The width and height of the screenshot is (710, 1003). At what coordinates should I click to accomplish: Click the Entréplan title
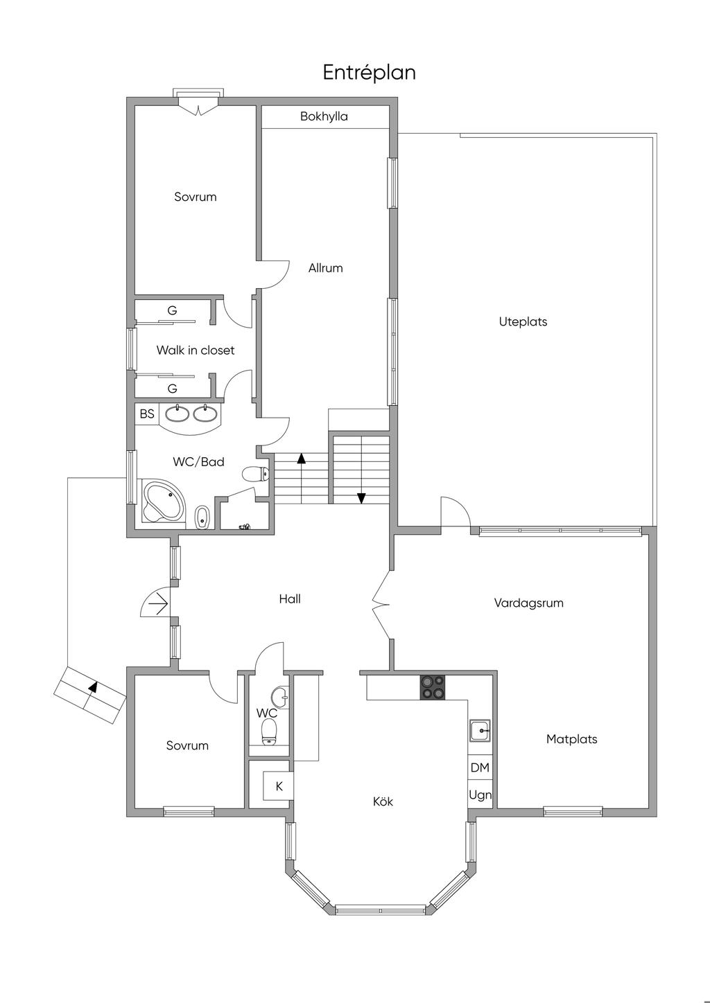(369, 73)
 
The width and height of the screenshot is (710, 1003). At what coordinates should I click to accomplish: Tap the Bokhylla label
(324, 116)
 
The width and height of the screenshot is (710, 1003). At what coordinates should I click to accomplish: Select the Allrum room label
(325, 268)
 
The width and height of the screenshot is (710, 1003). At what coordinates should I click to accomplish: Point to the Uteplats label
(523, 322)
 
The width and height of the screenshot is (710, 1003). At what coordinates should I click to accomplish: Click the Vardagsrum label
(528, 603)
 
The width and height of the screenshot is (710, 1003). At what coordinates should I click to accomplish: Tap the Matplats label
(571, 739)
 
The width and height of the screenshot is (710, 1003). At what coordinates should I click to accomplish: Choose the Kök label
(383, 801)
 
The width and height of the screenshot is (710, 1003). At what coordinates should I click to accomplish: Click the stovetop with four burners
(433, 687)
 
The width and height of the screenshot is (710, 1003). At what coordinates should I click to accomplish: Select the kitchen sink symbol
(480, 731)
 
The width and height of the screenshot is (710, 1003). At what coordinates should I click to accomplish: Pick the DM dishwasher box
(480, 767)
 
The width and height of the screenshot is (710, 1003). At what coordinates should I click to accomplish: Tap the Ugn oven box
(480, 795)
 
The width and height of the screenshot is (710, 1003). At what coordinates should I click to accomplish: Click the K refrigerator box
(278, 786)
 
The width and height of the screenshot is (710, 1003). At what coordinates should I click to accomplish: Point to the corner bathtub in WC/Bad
(163, 501)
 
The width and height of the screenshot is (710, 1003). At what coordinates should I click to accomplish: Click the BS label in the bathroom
(147, 414)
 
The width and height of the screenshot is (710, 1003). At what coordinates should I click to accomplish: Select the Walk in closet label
(196, 350)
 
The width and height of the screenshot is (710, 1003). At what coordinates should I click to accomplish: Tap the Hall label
(290, 599)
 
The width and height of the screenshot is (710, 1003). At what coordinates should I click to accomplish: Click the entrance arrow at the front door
(158, 604)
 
